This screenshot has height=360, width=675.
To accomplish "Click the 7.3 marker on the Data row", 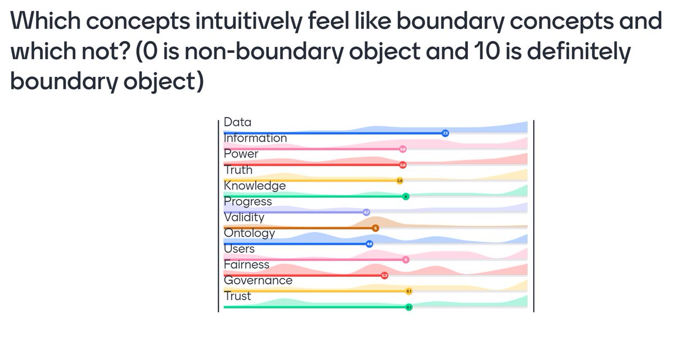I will pos(445,133).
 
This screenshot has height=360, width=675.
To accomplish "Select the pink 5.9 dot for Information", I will pos(403,149).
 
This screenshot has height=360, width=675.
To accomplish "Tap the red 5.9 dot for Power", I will pos(403,165).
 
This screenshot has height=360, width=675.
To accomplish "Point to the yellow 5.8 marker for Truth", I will pos(400,181).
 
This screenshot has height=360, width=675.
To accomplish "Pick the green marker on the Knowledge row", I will pos(406,196).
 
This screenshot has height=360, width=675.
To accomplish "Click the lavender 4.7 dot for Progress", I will pos(366,212).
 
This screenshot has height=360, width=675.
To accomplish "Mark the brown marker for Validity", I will pos(376,228).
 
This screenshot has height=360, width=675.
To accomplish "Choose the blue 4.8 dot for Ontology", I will pos(370,244).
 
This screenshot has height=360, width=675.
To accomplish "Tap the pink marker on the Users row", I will pos(406,259).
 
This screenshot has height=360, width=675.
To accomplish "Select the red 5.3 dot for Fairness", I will pos(385,275).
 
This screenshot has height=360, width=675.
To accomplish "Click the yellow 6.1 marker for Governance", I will pos(409,291).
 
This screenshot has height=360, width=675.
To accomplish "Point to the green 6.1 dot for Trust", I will pos(409,307).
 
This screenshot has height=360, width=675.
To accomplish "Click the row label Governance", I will pos(258,280).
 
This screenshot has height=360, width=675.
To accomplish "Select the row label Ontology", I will pos(249,233).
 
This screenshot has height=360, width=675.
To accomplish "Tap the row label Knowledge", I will pos(254,186).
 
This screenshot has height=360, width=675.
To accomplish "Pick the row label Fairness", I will pos(246,264).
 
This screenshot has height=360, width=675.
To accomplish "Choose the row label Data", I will pos(237,122).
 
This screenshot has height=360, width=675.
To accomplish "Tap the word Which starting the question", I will pos(43,22).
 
